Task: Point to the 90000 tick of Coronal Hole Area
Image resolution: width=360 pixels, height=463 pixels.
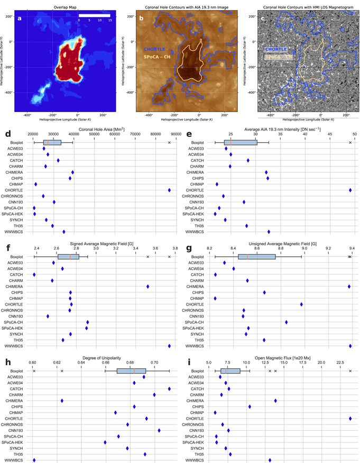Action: pyautogui.click(x=176, y=135)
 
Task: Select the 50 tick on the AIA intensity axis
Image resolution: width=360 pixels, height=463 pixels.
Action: pyautogui.click(x=355, y=135)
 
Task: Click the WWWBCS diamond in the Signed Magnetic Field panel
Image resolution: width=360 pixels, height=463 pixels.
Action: pyautogui.click(x=169, y=346)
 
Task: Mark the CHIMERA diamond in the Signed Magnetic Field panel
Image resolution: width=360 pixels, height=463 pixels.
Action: pyautogui.click(x=148, y=286)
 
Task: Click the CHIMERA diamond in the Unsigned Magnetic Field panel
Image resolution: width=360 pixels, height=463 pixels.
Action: pyautogui.click(x=349, y=286)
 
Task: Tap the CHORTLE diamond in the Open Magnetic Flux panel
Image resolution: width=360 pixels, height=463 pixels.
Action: pyautogui.click(x=350, y=419)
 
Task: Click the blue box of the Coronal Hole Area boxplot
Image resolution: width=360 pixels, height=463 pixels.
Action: pyautogui.click(x=52, y=143)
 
